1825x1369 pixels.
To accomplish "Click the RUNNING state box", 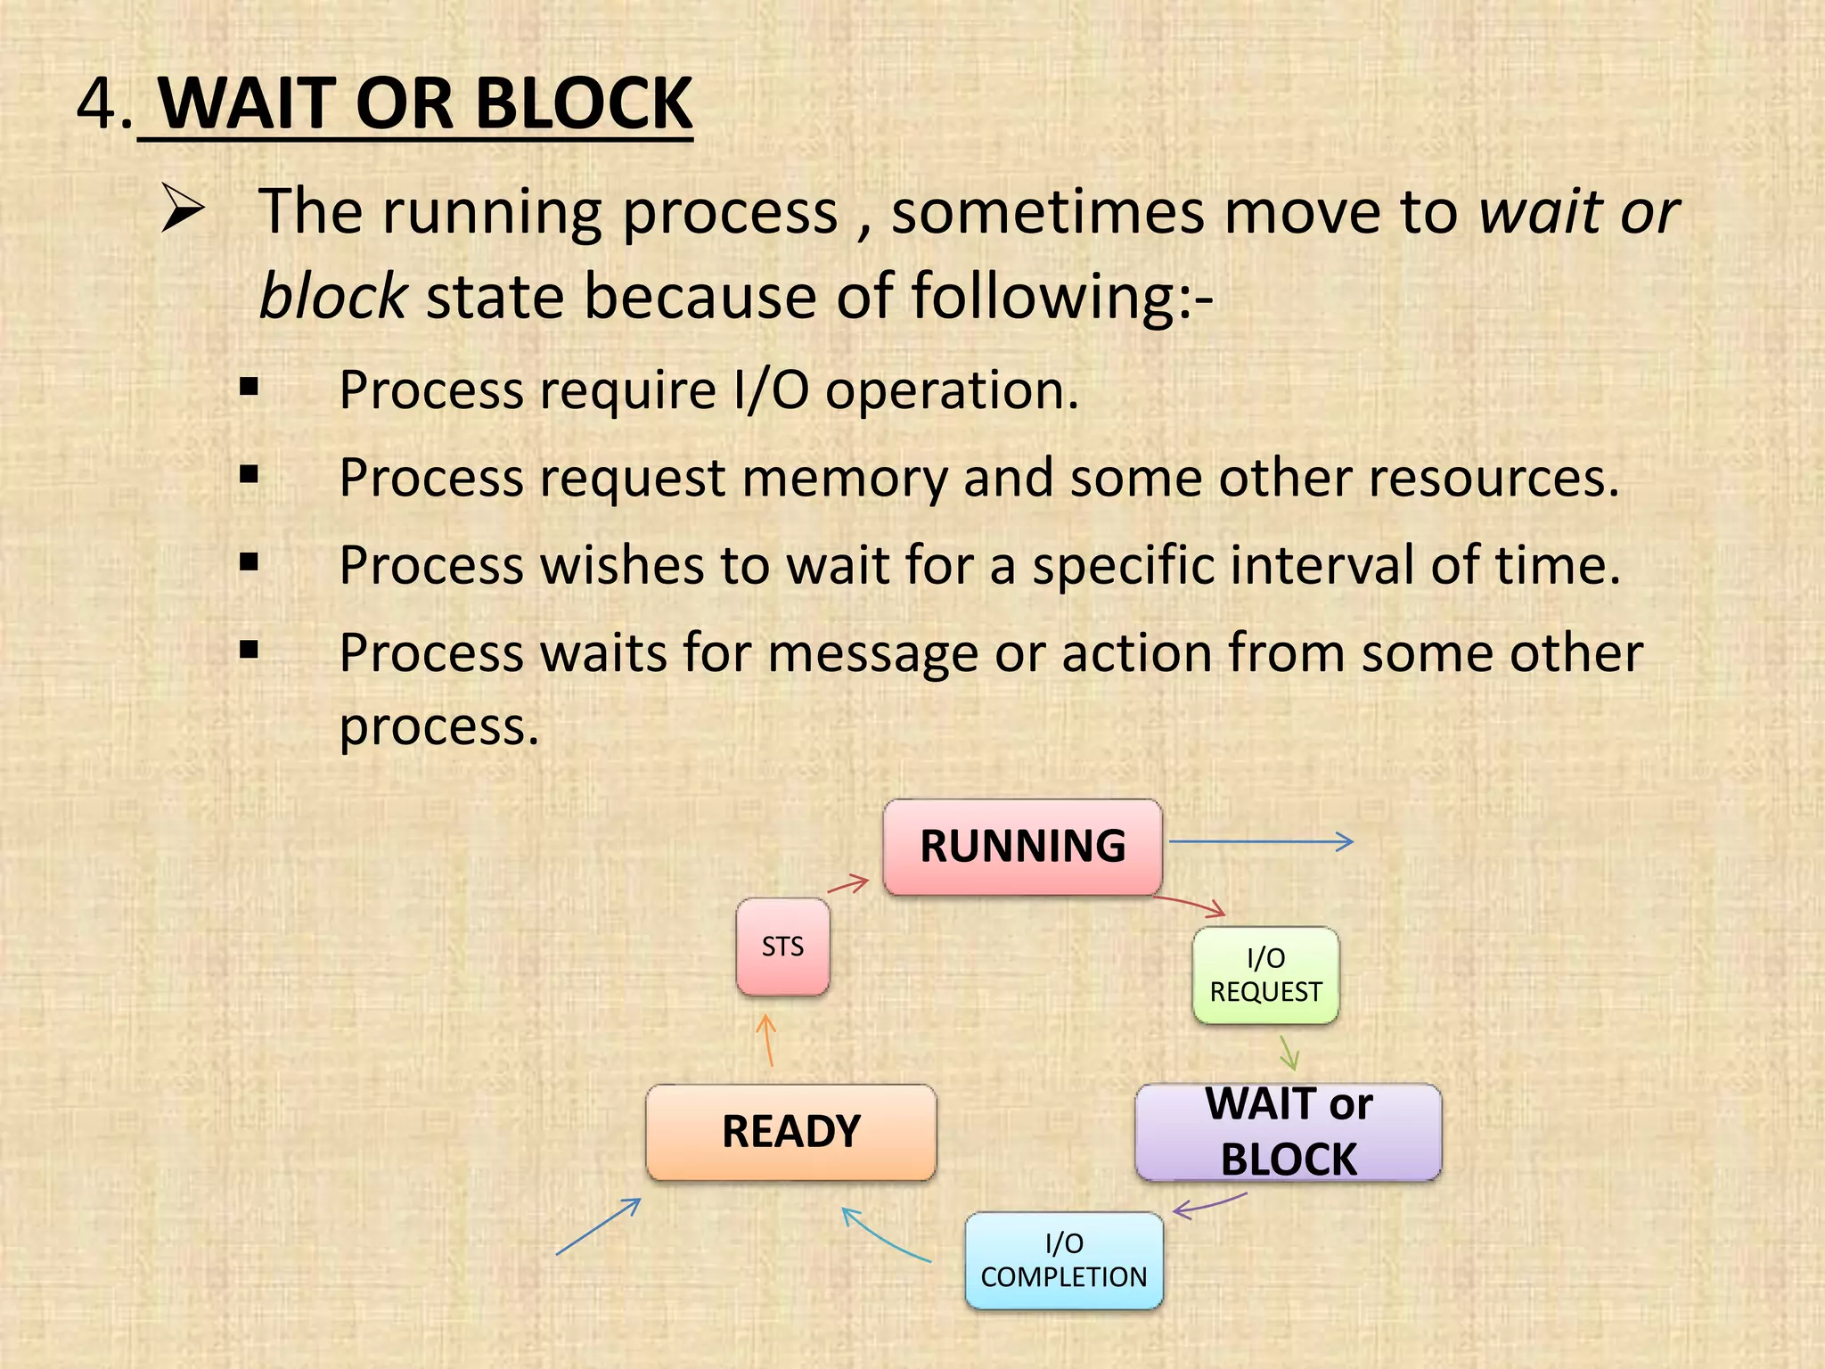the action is (x=1022, y=847).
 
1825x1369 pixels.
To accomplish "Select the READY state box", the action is (x=790, y=1132).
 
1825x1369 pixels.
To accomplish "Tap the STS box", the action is (x=782, y=947).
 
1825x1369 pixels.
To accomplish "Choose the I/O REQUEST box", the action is (x=1265, y=975).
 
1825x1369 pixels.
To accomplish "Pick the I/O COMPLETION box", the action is (x=1064, y=1260).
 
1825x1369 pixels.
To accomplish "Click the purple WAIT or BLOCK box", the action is (x=1288, y=1132).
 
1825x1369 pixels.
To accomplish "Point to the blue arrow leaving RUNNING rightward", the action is (x=1260, y=840).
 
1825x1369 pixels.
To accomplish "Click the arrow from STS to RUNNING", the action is (x=848, y=885).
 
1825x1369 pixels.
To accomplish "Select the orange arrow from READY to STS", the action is (x=767, y=1041).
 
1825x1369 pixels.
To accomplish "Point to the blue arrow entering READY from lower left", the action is (x=598, y=1226).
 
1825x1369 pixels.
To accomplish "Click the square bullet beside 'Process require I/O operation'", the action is (x=249, y=387).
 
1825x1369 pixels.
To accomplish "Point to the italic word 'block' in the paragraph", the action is (x=332, y=296).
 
